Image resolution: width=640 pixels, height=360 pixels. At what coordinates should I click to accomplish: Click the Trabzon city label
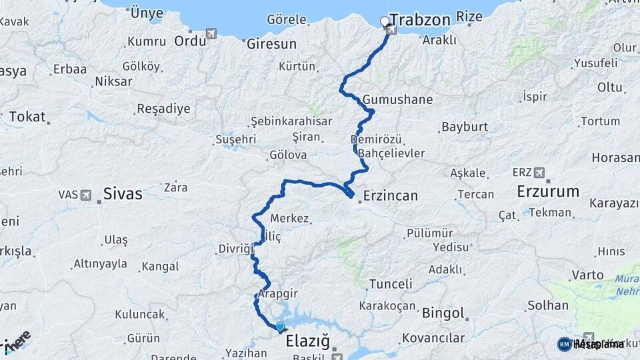(420, 19)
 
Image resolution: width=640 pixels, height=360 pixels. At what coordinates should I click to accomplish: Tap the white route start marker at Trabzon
(384, 21)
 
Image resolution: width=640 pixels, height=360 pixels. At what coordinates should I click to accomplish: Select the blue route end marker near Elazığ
(280, 327)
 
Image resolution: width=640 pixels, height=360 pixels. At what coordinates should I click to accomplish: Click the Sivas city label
(123, 194)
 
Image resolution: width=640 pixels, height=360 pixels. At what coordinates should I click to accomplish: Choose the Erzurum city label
(548, 192)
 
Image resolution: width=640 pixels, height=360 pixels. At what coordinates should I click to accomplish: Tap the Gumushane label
(398, 100)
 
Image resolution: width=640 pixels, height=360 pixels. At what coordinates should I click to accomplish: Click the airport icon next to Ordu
(212, 33)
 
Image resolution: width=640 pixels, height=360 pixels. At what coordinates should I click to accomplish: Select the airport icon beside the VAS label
(86, 195)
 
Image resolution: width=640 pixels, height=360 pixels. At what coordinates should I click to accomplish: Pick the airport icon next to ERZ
(539, 173)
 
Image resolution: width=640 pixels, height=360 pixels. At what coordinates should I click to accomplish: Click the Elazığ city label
(308, 342)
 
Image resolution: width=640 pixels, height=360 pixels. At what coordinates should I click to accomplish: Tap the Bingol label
(443, 313)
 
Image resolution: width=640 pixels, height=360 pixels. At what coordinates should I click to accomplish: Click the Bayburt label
(465, 127)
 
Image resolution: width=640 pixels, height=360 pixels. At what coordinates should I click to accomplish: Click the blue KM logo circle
(564, 344)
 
